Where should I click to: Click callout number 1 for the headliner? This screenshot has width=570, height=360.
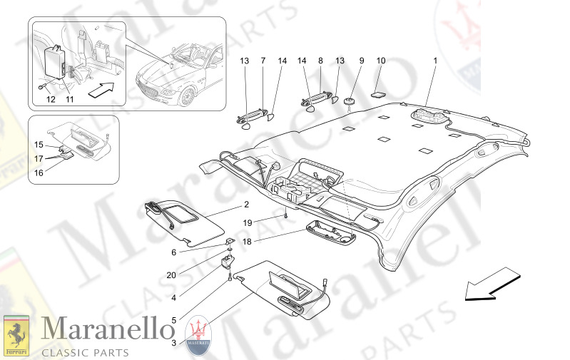pyautogui.click(x=435, y=61)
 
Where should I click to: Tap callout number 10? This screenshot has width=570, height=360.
pyautogui.click(x=381, y=61)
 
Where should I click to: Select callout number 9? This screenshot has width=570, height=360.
pyautogui.click(x=362, y=61)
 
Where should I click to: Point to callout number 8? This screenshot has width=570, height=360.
pyautogui.click(x=320, y=61)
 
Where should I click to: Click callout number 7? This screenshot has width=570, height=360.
pyautogui.click(x=263, y=61)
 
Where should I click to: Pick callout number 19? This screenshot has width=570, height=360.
pyautogui.click(x=248, y=222)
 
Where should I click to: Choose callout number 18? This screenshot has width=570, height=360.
pyautogui.click(x=247, y=242)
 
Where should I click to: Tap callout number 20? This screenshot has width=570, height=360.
pyautogui.click(x=171, y=275)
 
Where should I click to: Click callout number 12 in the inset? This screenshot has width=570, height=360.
pyautogui.click(x=51, y=99)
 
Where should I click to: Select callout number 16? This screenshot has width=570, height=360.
pyautogui.click(x=39, y=173)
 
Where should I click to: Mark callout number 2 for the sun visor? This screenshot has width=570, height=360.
pyautogui.click(x=246, y=205)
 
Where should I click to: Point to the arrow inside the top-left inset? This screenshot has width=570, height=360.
pyautogui.click(x=101, y=90)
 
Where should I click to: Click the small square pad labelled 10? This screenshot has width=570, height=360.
pyautogui.click(x=378, y=94)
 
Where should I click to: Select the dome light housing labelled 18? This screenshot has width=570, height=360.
pyautogui.click(x=330, y=233)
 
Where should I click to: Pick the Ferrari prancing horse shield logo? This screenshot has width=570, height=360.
pyautogui.click(x=16, y=335)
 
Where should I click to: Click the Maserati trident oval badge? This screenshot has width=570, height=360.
pyautogui.click(x=198, y=335)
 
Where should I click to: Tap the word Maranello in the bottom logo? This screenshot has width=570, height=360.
pyautogui.click(x=108, y=329)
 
